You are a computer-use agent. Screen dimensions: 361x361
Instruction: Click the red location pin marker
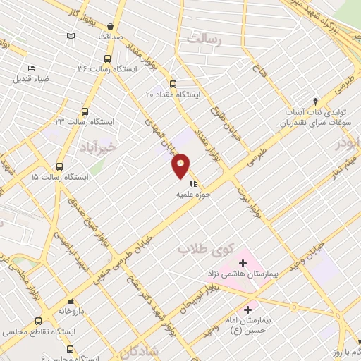[x=181, y=166]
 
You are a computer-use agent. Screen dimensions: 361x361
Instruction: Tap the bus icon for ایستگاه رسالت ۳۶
[x=107, y=59]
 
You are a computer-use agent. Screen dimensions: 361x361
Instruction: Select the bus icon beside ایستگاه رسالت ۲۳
[x=85, y=111]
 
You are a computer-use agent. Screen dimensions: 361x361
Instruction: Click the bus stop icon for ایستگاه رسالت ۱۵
[x=59, y=167]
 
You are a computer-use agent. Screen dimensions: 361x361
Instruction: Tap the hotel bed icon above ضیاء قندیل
[x=30, y=68]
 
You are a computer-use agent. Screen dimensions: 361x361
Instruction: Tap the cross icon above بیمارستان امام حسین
[x=247, y=309]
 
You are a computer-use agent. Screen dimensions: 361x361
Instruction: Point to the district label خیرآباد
[x=95, y=147]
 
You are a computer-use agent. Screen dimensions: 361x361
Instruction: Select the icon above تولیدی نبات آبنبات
[x=315, y=101]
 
